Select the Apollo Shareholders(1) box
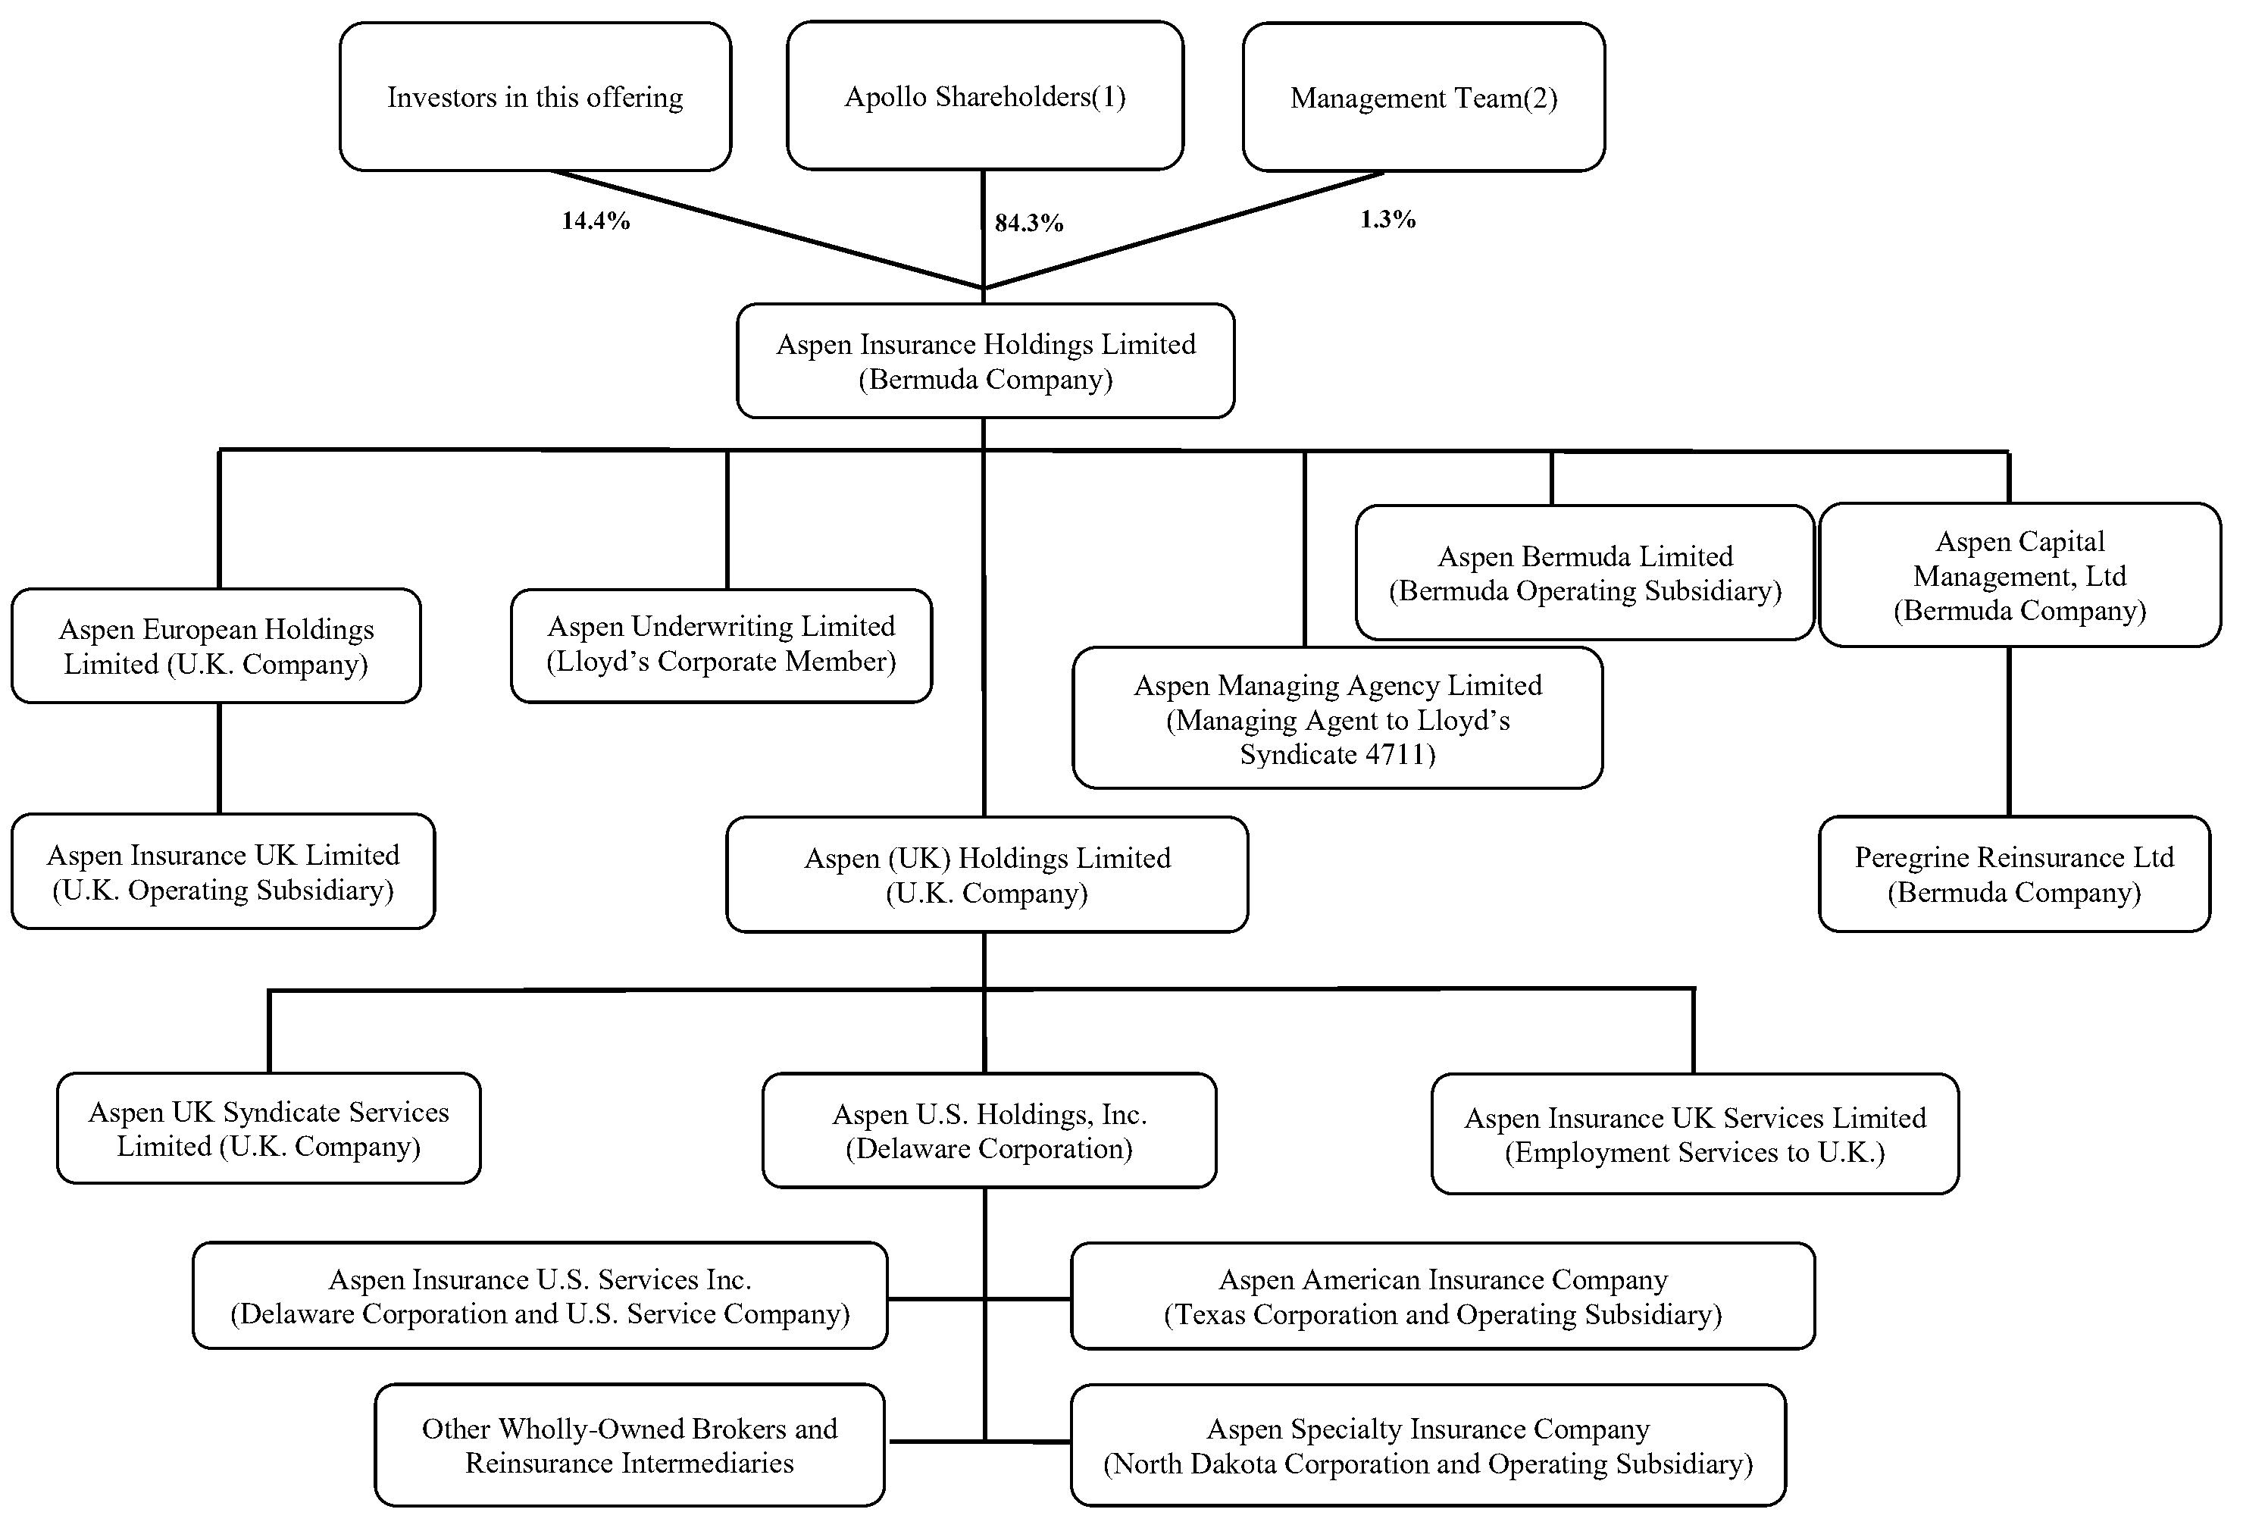[x=984, y=96]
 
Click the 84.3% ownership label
[x=1029, y=223]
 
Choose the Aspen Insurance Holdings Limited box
[x=985, y=361]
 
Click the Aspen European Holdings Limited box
[x=216, y=646]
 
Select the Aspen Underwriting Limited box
[x=721, y=645]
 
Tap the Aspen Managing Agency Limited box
[x=1337, y=719]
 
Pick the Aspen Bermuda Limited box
[x=1584, y=572]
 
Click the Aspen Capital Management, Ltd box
[x=2019, y=575]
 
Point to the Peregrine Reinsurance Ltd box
[x=2013, y=874]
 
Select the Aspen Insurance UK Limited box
[x=223, y=872]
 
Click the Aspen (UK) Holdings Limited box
[x=987, y=875]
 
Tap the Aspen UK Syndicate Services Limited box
[x=268, y=1129]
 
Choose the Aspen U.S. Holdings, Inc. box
[x=990, y=1130]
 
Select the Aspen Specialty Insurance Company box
[x=1428, y=1445]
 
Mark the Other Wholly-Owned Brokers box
[x=629, y=1445]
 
